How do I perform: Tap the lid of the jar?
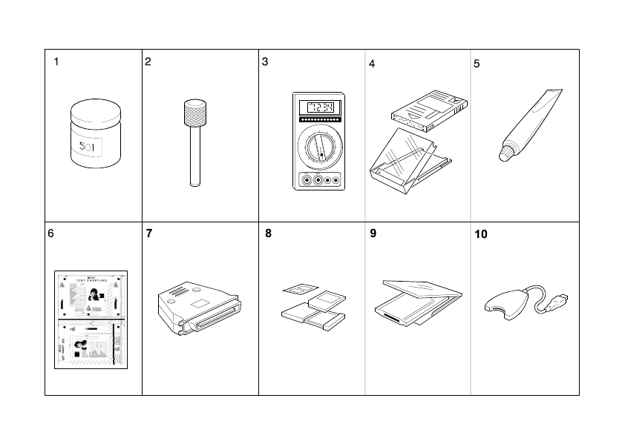pos(94,112)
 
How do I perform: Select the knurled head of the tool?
pos(194,113)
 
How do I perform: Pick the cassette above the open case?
pos(431,106)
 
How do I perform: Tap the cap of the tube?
pos(505,153)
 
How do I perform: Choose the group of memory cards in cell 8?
pos(312,308)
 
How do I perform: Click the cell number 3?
pos(265,62)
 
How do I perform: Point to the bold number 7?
pos(149,233)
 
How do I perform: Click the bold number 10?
pos(481,234)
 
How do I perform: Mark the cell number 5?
pos(477,64)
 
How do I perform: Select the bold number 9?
pos(373,233)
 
